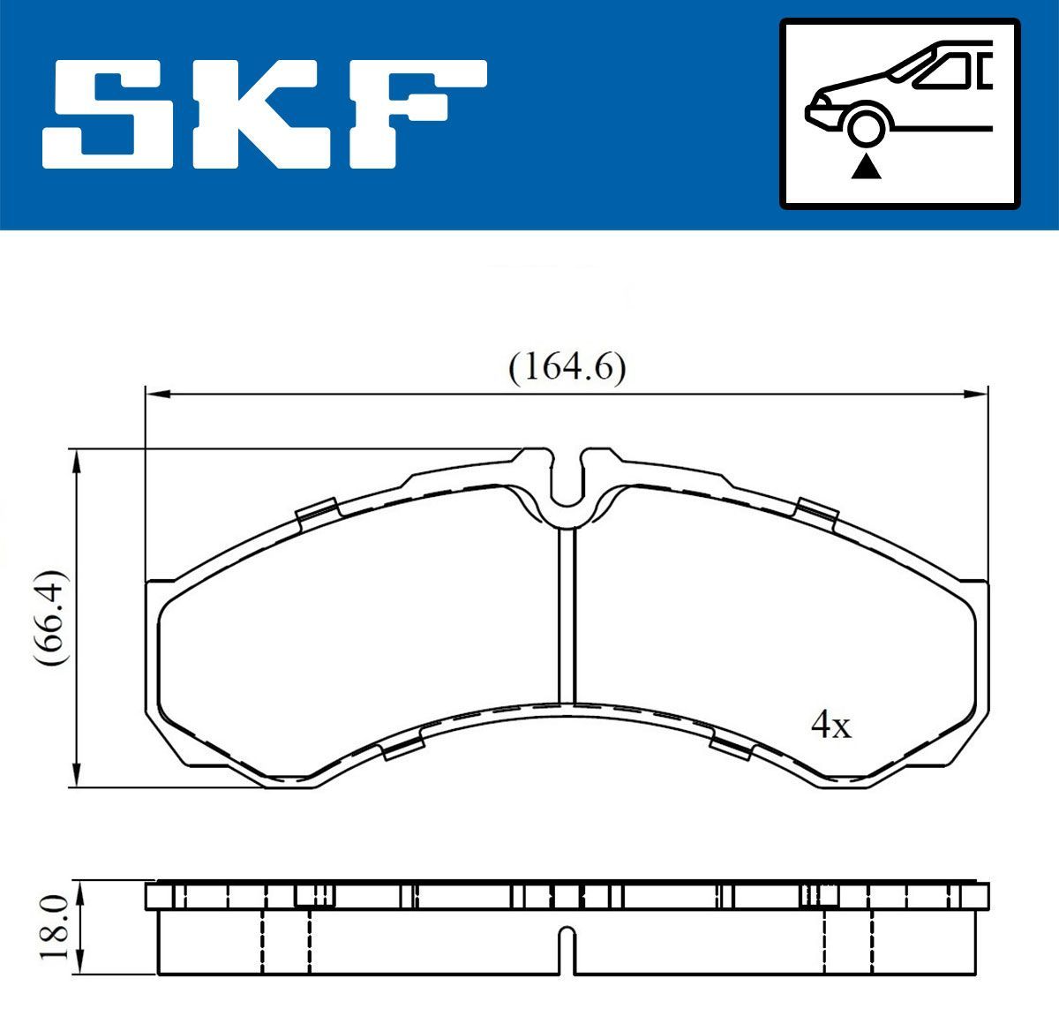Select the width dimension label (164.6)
[x=567, y=367]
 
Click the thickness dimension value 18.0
[x=56, y=926]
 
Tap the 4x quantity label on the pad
[x=830, y=726]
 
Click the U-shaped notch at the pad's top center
[x=567, y=481]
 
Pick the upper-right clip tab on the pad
[x=816, y=511]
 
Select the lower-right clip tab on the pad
[x=732, y=749]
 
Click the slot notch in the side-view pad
[x=567, y=949]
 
